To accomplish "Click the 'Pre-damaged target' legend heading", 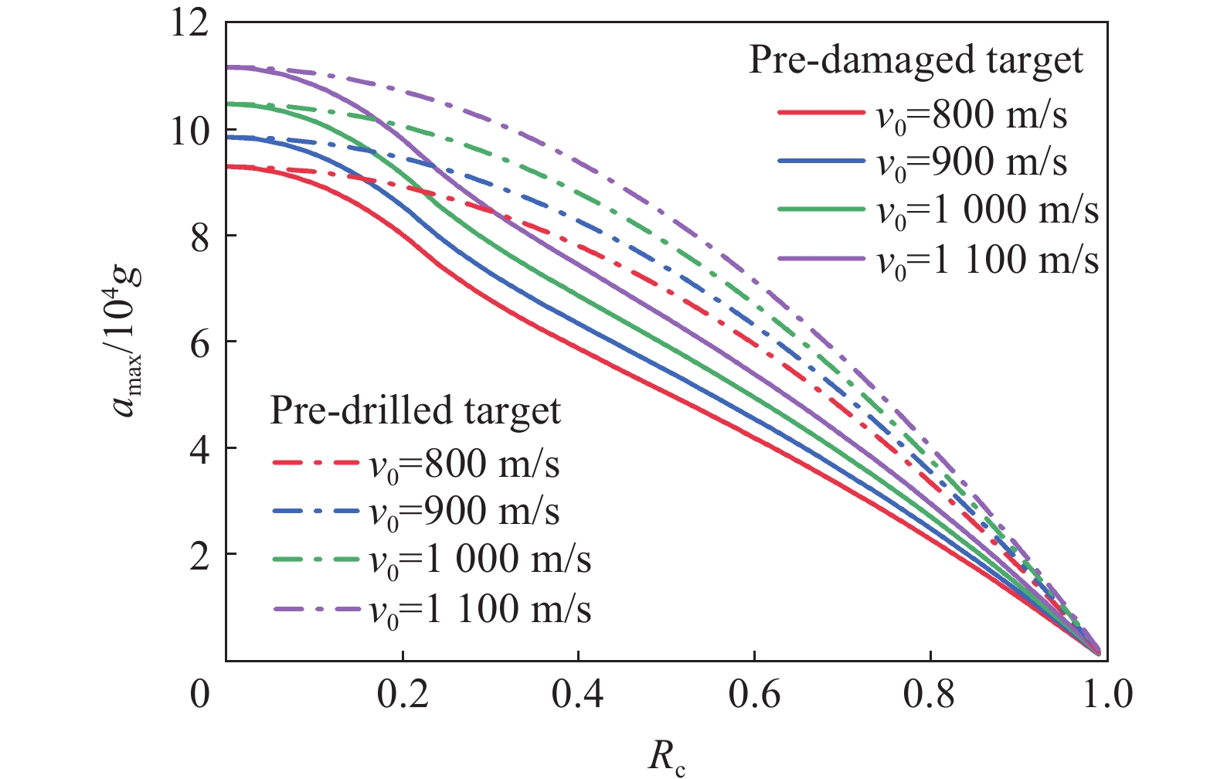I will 916,60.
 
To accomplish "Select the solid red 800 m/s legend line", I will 821,113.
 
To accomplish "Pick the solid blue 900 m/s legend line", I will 821,161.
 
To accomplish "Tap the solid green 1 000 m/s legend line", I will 821,209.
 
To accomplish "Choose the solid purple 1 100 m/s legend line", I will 821,258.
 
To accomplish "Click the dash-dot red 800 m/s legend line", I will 316,463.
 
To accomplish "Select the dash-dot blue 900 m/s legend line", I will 316,511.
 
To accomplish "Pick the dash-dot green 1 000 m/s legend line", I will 316,559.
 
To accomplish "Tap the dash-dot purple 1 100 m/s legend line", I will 316,609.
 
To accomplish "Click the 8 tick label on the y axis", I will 199,236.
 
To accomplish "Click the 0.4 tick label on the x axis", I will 578,695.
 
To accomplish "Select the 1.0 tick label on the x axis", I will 1107,695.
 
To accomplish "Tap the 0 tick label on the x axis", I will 199,695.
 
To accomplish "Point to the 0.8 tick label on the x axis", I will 930,695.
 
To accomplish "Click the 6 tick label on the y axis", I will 199,343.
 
